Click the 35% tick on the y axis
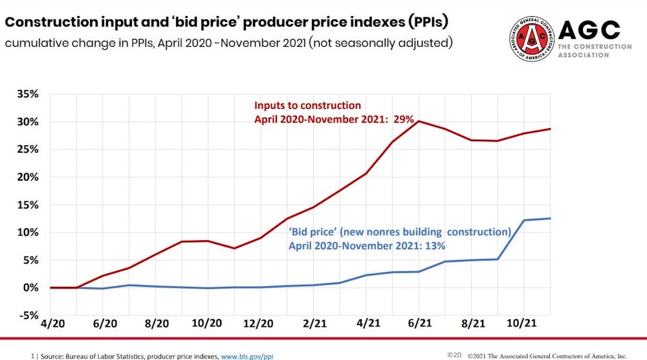[x=28, y=94]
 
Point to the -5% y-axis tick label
[x=29, y=315]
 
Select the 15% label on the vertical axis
[x=28, y=205]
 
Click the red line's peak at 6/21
[x=419, y=121]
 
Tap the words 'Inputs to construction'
[x=307, y=105]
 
